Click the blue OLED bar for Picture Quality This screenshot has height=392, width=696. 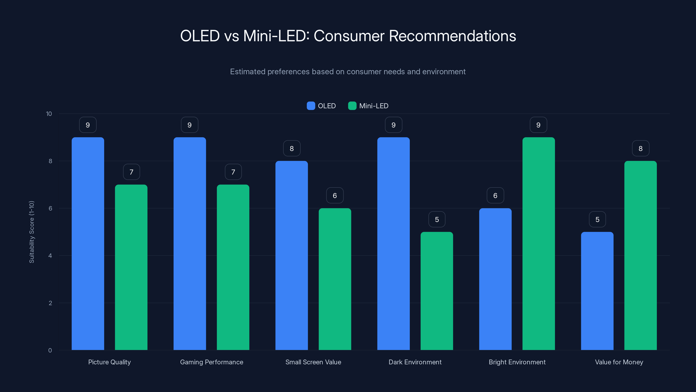click(x=88, y=243)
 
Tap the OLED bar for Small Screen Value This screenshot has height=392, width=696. click(x=291, y=255)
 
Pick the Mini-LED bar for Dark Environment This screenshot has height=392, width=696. click(x=437, y=291)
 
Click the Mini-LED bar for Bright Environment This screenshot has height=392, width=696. click(x=539, y=243)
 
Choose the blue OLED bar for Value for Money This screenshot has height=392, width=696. click(x=597, y=291)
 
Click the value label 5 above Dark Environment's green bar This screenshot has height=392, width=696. click(x=437, y=219)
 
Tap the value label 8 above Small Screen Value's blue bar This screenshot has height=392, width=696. click(x=291, y=149)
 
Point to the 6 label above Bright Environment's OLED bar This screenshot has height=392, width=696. click(x=495, y=196)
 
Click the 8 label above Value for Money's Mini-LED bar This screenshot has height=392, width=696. click(x=640, y=149)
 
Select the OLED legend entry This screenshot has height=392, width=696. click(x=321, y=106)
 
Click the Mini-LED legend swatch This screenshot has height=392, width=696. click(x=352, y=106)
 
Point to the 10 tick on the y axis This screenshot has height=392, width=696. click(x=49, y=114)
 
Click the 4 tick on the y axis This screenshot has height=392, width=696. click(x=50, y=256)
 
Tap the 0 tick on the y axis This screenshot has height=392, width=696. click(x=50, y=350)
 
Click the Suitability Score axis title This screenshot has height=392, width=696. click(x=32, y=232)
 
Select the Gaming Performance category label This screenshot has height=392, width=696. click(x=212, y=362)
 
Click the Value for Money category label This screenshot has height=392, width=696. click(x=619, y=362)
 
